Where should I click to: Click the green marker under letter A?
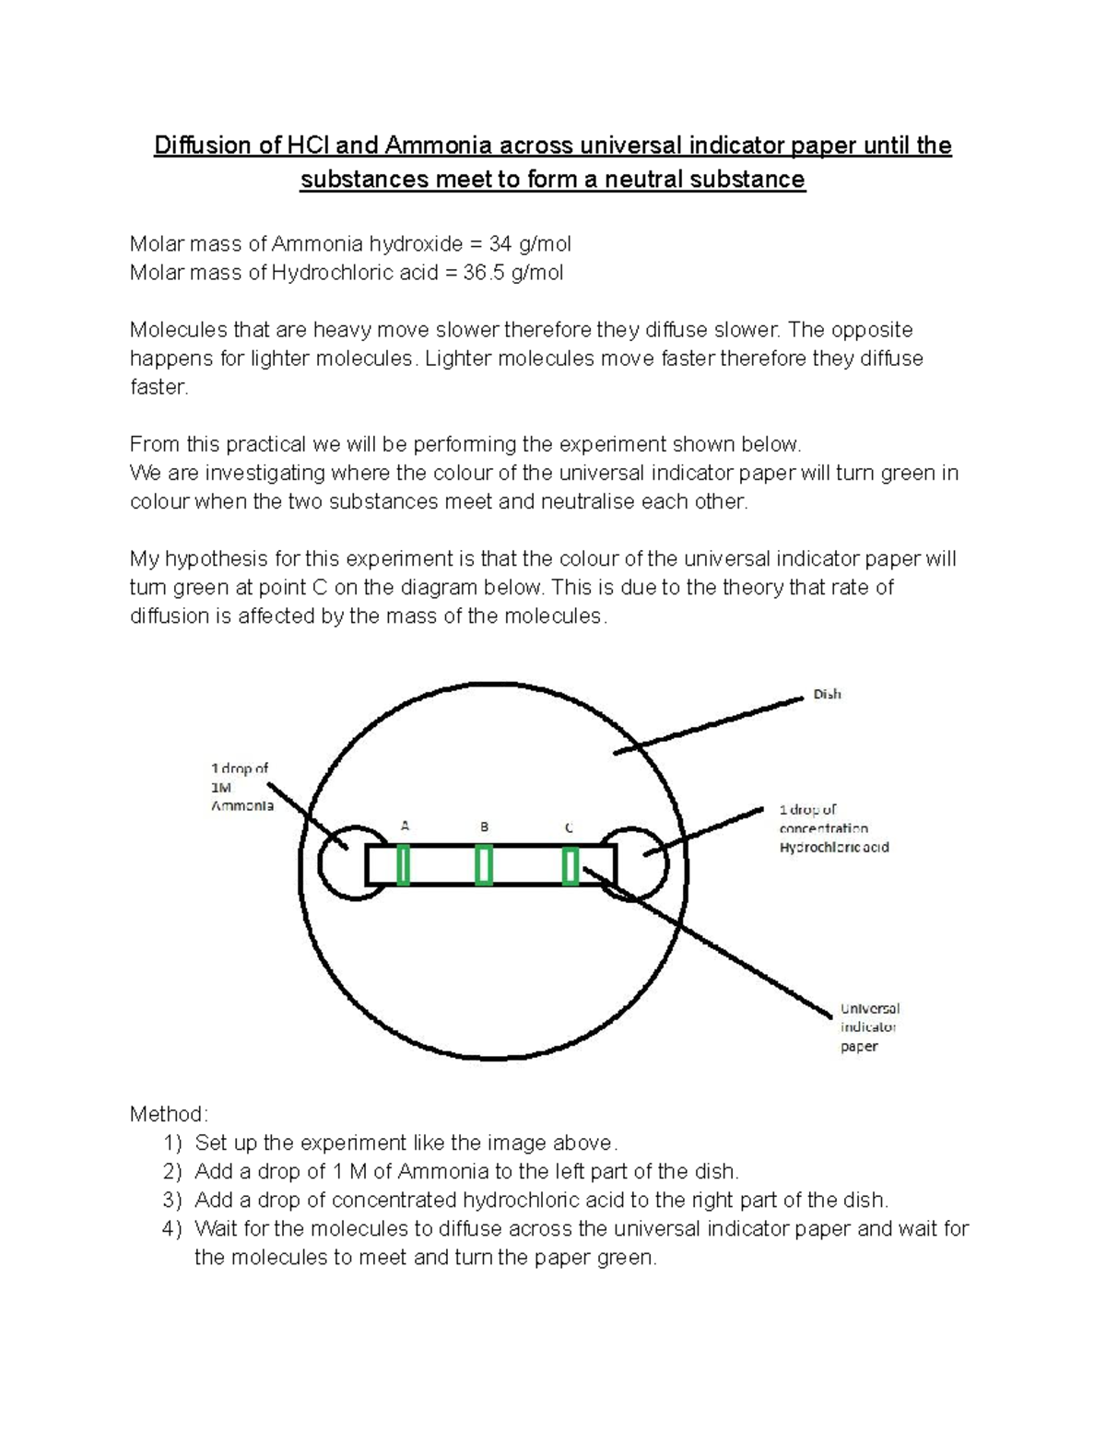tap(403, 866)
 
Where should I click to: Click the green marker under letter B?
tap(483, 866)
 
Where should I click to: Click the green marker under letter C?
tap(571, 867)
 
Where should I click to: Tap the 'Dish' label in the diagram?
tap(827, 694)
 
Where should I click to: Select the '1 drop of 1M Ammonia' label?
tap(241, 787)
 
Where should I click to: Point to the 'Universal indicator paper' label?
tap(869, 1026)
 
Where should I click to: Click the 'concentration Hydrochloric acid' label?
tap(833, 838)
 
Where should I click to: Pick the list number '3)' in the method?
tap(172, 1201)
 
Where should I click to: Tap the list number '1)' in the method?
tap(172, 1144)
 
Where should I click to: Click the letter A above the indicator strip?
tap(404, 827)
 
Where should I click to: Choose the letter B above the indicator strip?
tap(484, 827)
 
